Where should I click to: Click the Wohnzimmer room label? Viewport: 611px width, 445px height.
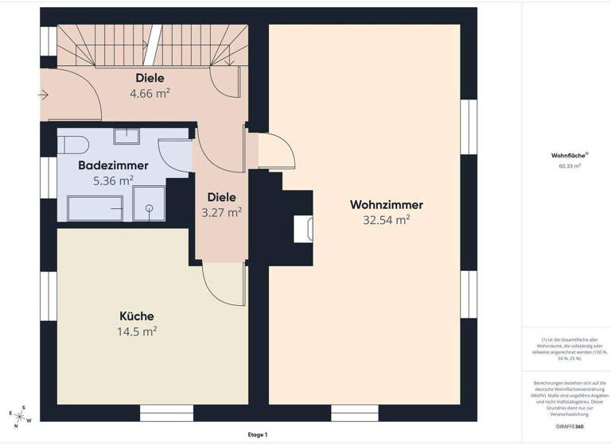[386, 204]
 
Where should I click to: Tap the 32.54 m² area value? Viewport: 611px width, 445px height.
[386, 220]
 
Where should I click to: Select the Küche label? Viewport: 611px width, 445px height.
[137, 315]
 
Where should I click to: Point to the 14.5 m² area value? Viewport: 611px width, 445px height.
[137, 331]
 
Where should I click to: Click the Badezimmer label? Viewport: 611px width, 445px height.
[113, 165]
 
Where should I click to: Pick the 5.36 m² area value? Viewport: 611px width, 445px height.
[113, 180]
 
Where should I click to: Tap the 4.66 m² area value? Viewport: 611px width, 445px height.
[150, 93]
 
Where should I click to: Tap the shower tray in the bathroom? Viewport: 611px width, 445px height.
[149, 204]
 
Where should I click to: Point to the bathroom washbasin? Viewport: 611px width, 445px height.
[126, 136]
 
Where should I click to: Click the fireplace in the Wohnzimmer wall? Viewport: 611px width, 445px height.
[303, 229]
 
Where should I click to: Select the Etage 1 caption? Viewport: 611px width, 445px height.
[257, 435]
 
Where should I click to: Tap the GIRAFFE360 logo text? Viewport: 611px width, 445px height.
[569, 427]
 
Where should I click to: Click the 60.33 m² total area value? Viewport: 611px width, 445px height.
[569, 167]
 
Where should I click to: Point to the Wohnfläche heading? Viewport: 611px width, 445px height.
[566, 156]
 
